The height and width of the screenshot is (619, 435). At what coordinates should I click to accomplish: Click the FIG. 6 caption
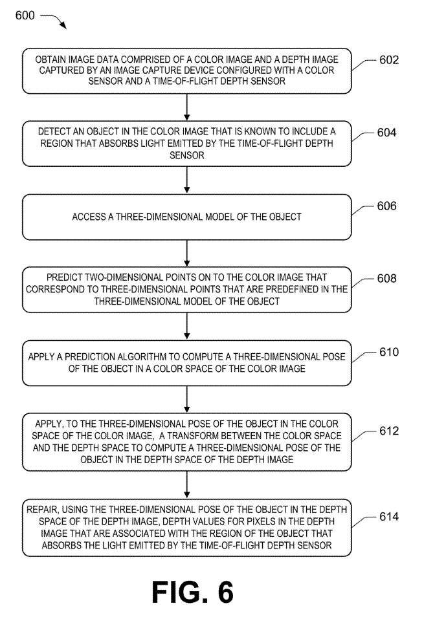pos(192,592)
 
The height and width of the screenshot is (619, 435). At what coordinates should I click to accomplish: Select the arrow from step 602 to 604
pos(186,108)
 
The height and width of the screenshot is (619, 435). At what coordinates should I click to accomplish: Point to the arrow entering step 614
pos(186,485)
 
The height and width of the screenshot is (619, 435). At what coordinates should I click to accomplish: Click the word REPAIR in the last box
pos(43,510)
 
